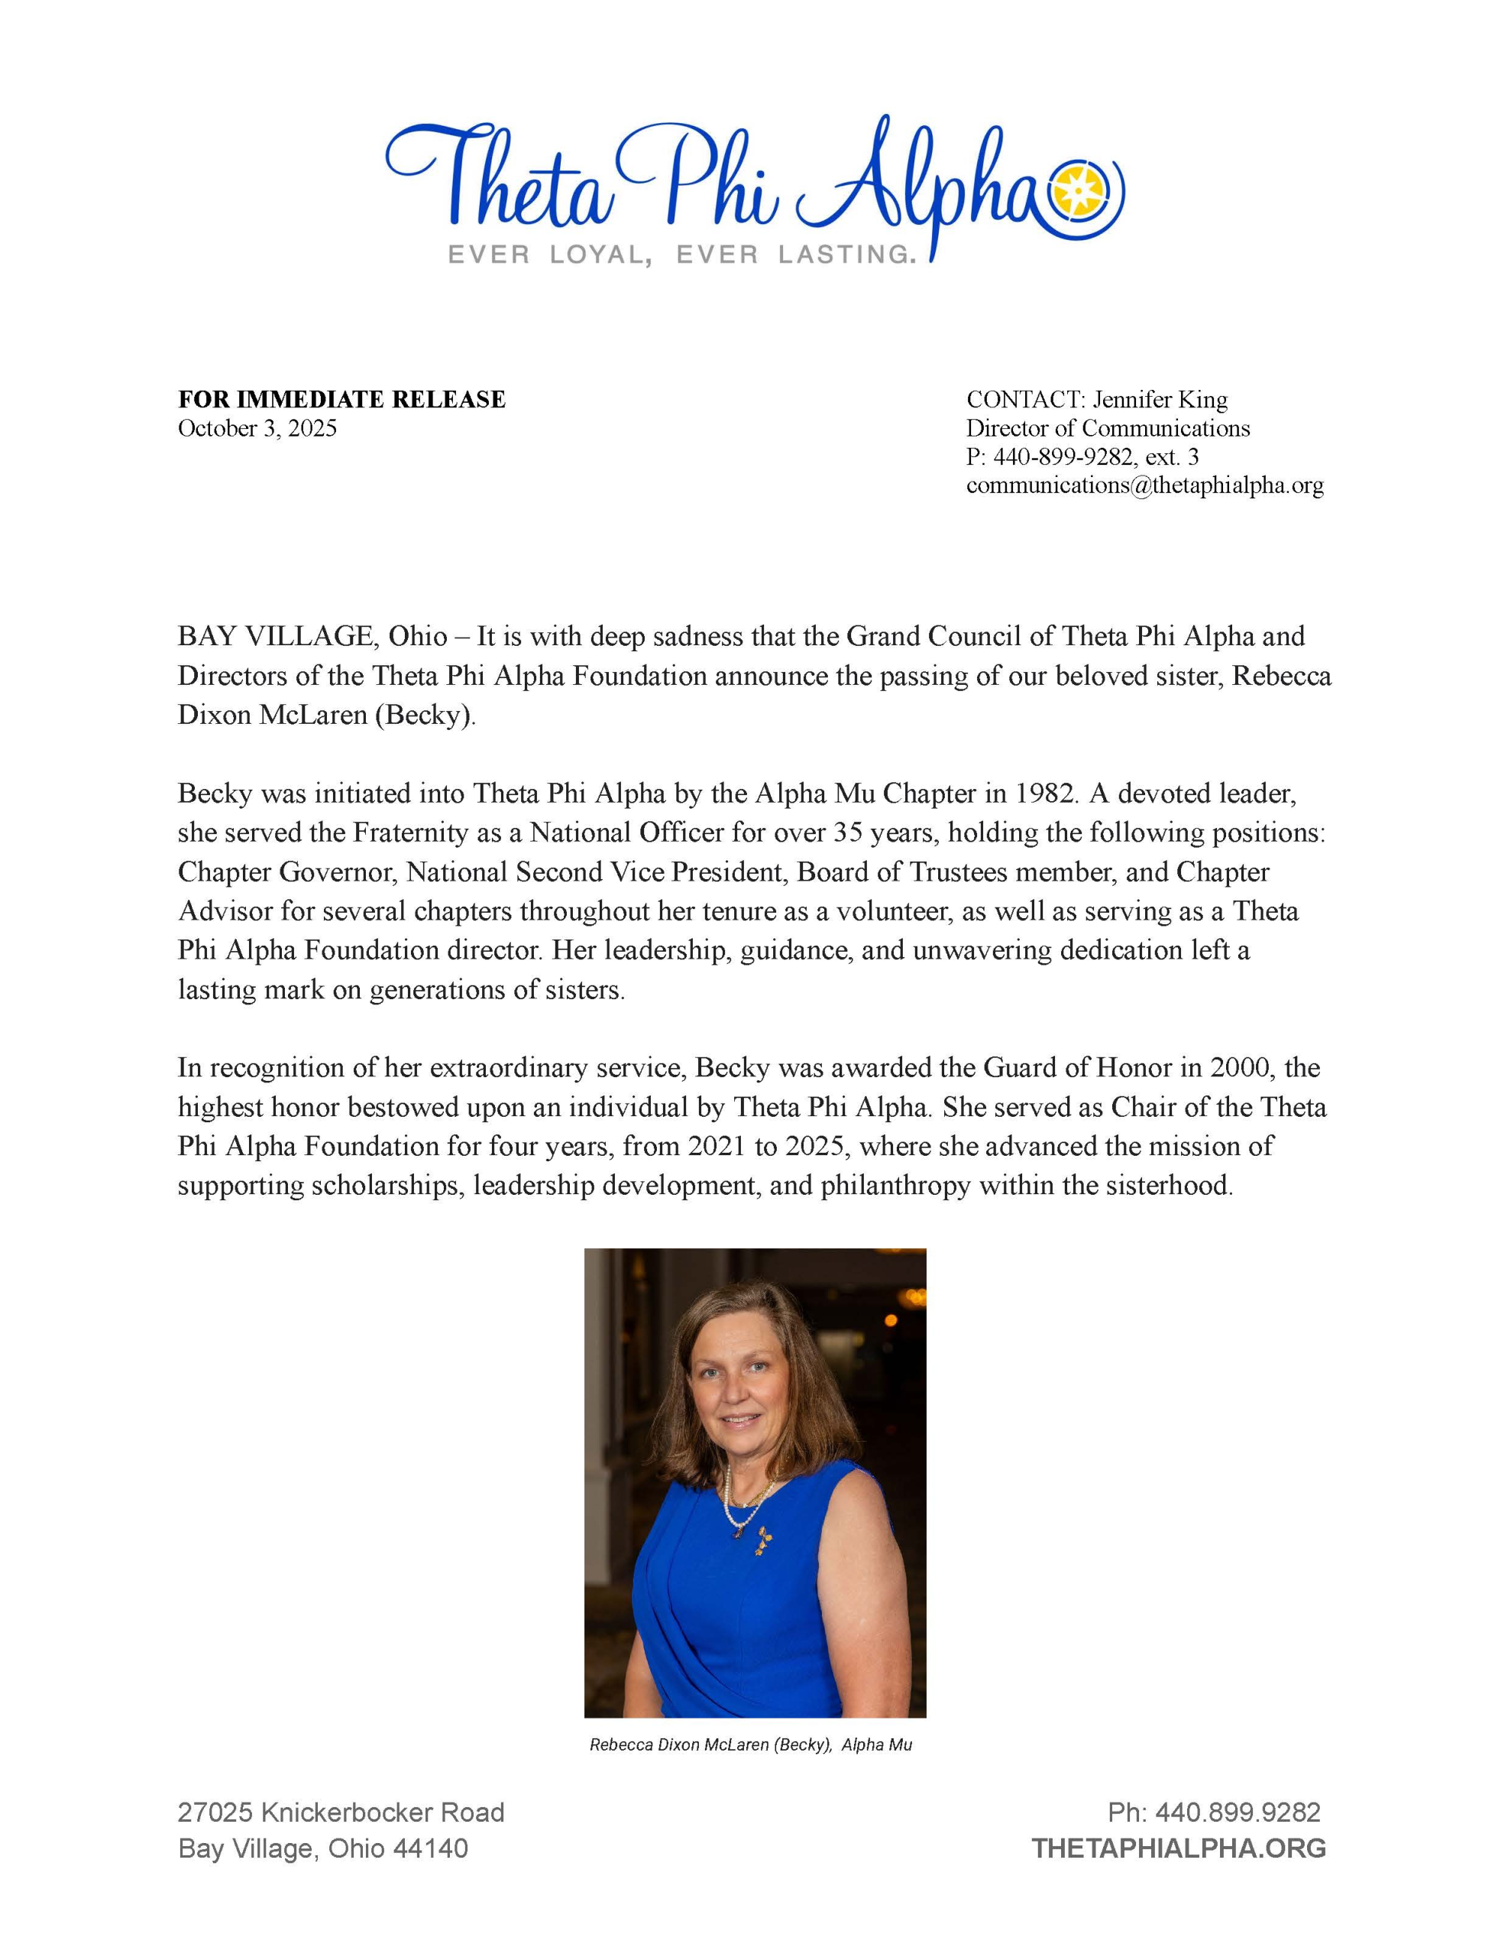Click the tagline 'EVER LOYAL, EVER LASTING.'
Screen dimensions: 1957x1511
point(681,255)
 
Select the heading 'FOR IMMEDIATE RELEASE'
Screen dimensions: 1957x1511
point(341,400)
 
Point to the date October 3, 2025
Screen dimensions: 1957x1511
point(257,428)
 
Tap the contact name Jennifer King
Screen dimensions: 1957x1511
point(1159,400)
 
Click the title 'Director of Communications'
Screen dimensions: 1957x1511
point(1107,428)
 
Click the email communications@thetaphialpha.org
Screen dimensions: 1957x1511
point(1144,485)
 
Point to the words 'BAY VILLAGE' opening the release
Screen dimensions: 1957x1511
point(274,636)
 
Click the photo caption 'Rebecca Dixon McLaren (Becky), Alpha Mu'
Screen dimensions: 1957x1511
point(751,1744)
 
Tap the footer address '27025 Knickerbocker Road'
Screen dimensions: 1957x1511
point(341,1813)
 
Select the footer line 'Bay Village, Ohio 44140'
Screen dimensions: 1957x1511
point(322,1848)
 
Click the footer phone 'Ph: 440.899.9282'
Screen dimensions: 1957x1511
point(1214,1813)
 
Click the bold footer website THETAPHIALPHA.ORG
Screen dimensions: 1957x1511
point(1178,1848)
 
